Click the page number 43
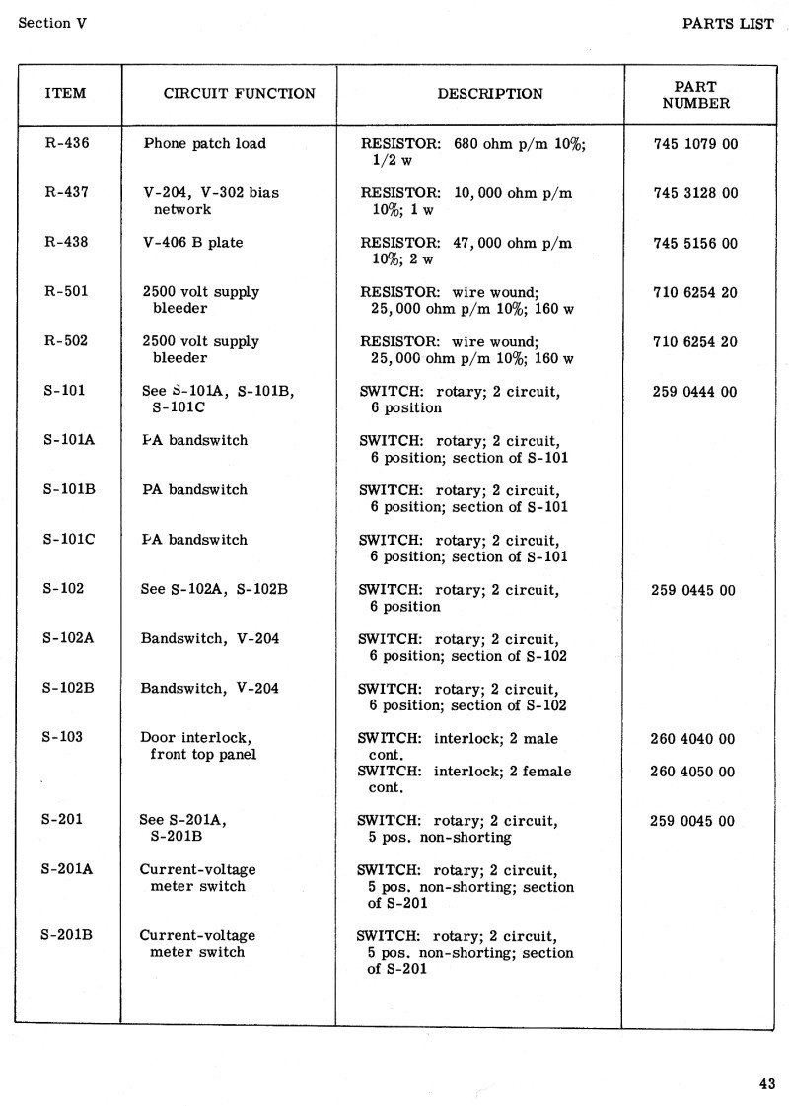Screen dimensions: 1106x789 [x=766, y=1083]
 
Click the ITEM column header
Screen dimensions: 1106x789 [x=66, y=94]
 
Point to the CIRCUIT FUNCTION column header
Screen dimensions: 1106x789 [x=239, y=94]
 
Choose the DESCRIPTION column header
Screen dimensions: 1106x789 [x=490, y=94]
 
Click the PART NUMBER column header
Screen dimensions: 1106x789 [x=695, y=95]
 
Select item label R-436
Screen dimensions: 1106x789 [x=67, y=143]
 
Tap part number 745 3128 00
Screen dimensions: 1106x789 [x=695, y=193]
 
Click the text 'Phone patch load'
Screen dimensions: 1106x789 [x=205, y=143]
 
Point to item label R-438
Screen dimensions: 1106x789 [x=67, y=243]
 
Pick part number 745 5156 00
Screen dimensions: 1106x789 [x=695, y=244]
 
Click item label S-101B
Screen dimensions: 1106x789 [x=68, y=489]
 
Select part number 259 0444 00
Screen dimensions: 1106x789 [x=694, y=392]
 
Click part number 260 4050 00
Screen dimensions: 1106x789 [x=692, y=772]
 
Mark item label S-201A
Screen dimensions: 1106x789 [x=68, y=869]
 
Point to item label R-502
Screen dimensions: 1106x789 [x=67, y=341]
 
